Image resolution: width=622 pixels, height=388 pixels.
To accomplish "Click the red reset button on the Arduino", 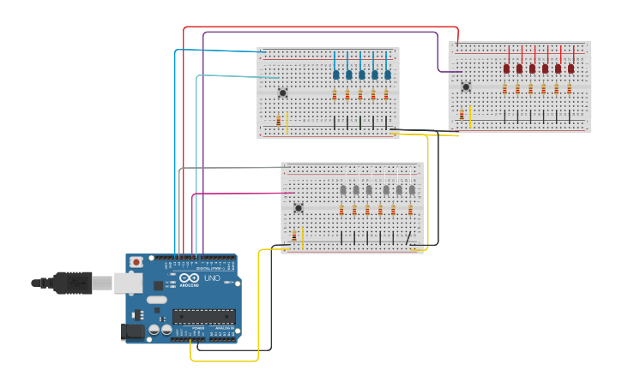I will click(x=136, y=261).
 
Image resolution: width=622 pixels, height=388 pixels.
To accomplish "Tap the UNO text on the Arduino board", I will click(x=212, y=278).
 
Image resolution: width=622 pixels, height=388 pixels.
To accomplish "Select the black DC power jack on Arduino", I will click(x=134, y=331).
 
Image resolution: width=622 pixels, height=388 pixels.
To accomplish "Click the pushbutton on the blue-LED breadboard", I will click(x=282, y=93).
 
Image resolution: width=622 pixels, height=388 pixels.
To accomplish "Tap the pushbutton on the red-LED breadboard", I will click(x=466, y=87).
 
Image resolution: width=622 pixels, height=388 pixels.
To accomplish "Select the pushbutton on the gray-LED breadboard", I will click(x=298, y=207).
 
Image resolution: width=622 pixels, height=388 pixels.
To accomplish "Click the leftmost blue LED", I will click(x=335, y=75).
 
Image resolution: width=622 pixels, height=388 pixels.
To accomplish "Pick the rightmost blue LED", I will click(x=387, y=75).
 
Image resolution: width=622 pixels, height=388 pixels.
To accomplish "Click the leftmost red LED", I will click(x=506, y=68).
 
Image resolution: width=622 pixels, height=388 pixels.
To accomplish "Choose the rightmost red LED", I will click(x=571, y=68).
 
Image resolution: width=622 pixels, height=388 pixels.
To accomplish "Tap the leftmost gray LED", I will click(x=342, y=189).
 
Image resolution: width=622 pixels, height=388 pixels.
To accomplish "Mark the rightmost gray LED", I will click(x=412, y=189).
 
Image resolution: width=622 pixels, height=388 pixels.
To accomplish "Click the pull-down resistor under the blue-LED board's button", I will click(x=278, y=121).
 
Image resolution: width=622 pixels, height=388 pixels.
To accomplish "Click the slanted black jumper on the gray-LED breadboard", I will click(x=408, y=237).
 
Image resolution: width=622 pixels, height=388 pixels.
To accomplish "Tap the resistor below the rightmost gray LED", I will click(x=410, y=210).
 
